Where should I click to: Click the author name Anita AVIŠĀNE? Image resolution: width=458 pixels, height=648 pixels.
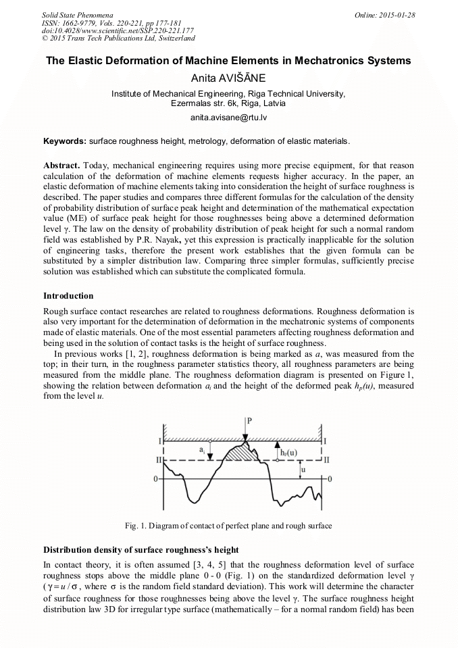coord(228,78)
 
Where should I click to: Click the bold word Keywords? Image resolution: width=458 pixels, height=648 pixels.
coord(64,142)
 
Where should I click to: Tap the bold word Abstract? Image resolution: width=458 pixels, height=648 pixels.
coord(61,166)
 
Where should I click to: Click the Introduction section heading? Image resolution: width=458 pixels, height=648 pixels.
coord(68,296)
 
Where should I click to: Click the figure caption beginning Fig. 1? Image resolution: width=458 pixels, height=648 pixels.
coord(228,525)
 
